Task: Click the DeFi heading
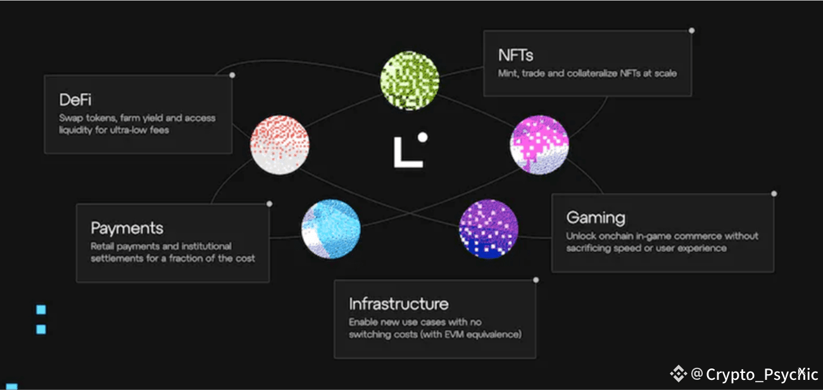coord(77,100)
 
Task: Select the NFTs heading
coord(516,55)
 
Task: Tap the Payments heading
coord(127,228)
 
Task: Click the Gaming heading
coord(595,218)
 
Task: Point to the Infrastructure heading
coord(398,304)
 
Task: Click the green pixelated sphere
coord(410,81)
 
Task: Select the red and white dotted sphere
coord(280,144)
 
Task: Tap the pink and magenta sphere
coord(539,144)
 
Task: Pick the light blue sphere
coord(330,229)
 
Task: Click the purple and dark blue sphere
coord(488,229)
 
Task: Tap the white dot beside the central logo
coord(422,137)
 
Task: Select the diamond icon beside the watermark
coord(678,374)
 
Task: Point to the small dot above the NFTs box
coord(691,30)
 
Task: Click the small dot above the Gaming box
coord(774,194)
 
